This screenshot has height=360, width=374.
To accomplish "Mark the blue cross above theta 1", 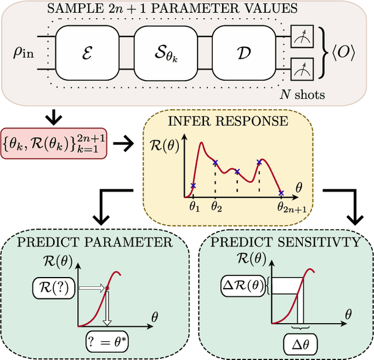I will (193, 186).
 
